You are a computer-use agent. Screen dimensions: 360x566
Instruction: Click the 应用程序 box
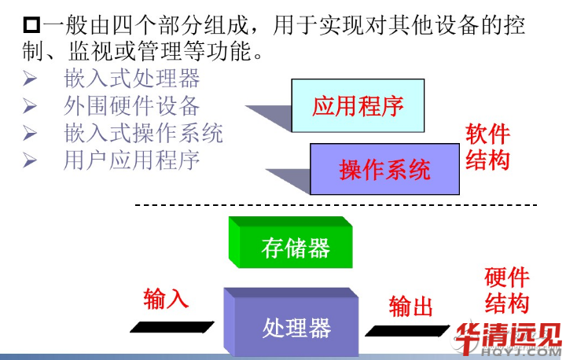point(358,105)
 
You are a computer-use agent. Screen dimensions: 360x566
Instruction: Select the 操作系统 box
point(385,169)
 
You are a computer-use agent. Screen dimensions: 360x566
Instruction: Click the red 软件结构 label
point(487,147)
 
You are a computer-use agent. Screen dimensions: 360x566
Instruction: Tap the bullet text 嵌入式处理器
point(132,79)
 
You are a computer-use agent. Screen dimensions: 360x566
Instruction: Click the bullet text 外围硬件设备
point(132,106)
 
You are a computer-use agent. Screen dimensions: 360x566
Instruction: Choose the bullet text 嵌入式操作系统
point(143,133)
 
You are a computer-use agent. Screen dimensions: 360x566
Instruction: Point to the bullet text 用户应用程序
point(132,160)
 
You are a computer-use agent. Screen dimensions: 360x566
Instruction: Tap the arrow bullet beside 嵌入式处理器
point(31,79)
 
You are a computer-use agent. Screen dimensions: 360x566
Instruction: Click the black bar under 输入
point(172,325)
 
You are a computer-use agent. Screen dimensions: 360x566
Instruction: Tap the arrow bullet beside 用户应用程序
point(31,160)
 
